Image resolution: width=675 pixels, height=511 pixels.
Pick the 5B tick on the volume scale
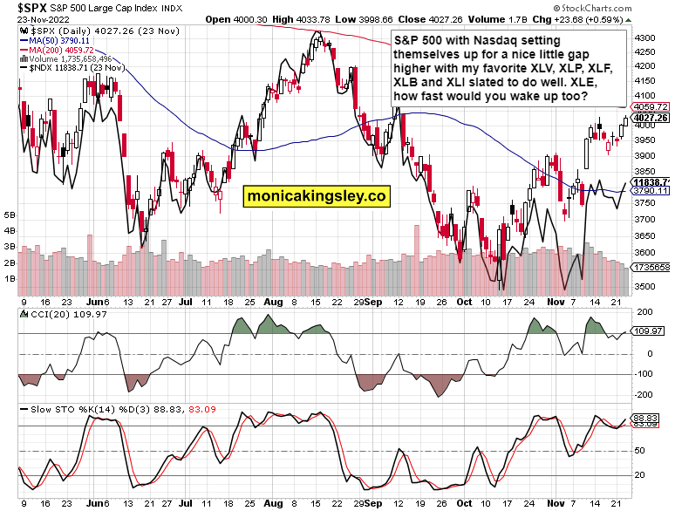pyautogui.click(x=10, y=214)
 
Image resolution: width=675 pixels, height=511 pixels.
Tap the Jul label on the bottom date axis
pyautogui.click(x=185, y=504)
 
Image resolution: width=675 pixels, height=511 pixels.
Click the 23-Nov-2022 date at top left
pyautogui.click(x=30, y=18)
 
